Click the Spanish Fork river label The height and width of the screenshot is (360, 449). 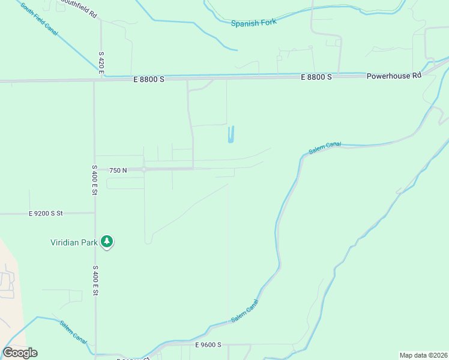point(253,23)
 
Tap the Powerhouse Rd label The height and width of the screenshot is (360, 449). point(394,76)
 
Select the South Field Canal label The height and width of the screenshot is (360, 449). point(39,19)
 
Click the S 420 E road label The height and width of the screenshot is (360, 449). point(101,64)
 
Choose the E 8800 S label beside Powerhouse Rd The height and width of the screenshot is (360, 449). point(316,77)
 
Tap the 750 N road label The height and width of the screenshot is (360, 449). point(118,170)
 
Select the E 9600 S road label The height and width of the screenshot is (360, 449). point(208,344)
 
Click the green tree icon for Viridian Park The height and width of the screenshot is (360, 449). point(107,241)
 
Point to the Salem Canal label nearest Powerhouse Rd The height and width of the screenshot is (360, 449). point(325,148)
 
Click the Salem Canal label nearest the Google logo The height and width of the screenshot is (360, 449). point(74,332)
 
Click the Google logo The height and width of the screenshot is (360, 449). point(20,353)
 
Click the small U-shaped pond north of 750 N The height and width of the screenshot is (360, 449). point(231,135)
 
